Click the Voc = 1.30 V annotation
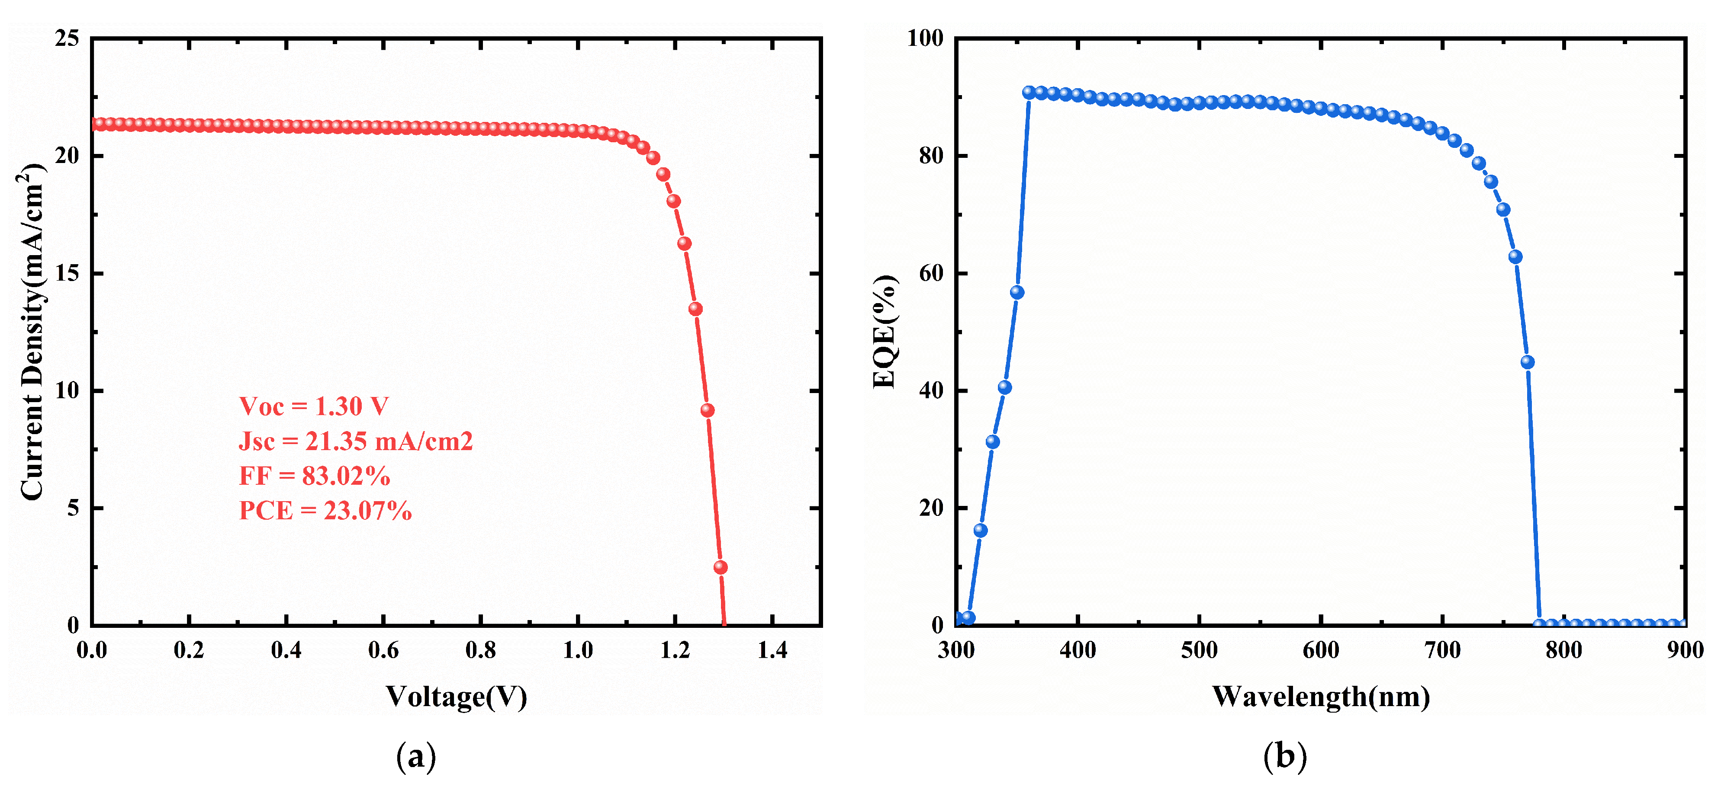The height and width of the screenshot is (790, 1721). coord(313,406)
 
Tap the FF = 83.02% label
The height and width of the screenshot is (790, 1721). coord(315,476)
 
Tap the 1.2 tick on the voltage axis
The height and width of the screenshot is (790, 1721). coord(675,650)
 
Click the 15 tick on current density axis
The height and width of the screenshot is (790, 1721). coord(67,273)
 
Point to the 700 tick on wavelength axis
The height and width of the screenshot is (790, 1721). coord(1442,650)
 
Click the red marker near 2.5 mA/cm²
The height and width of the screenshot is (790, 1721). coord(720,567)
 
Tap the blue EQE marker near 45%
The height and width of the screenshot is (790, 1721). coord(1527,362)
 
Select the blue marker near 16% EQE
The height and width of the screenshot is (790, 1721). coord(980,530)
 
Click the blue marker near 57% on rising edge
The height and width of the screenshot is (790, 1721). coord(1017,292)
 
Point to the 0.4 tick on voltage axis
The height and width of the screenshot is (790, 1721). coord(286,650)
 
